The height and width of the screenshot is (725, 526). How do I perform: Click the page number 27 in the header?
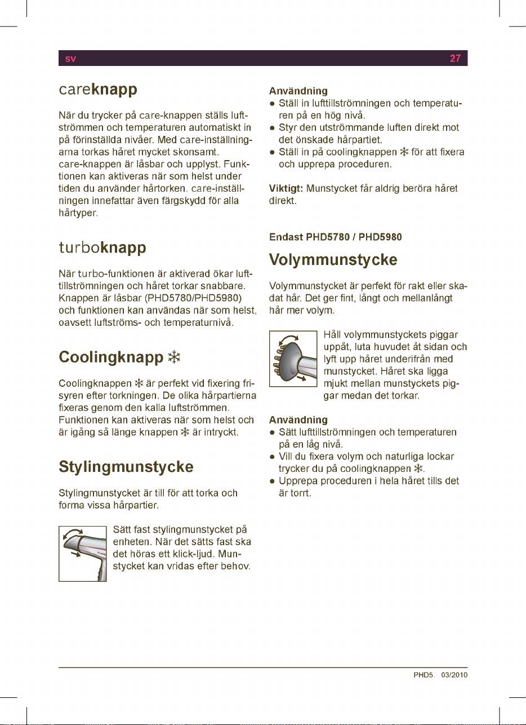[x=456, y=58]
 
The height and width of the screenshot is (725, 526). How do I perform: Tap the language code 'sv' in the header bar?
[x=70, y=59]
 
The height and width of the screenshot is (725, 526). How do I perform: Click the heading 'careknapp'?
[x=99, y=90]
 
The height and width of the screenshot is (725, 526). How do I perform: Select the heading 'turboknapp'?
[x=102, y=248]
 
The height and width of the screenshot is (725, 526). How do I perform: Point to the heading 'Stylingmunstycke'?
[x=126, y=467]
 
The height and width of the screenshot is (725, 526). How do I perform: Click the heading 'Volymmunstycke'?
[x=333, y=260]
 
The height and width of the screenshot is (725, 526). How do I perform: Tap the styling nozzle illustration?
[x=82, y=553]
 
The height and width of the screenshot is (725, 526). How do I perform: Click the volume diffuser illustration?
[x=293, y=358]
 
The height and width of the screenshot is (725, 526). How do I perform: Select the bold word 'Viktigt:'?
[x=286, y=188]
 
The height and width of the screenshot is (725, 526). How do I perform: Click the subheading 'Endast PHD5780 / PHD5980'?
[x=336, y=237]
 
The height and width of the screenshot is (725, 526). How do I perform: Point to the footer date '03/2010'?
[x=455, y=675]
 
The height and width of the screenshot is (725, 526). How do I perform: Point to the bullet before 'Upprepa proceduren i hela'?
[x=272, y=481]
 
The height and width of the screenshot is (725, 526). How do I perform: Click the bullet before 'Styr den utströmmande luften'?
[x=272, y=128]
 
